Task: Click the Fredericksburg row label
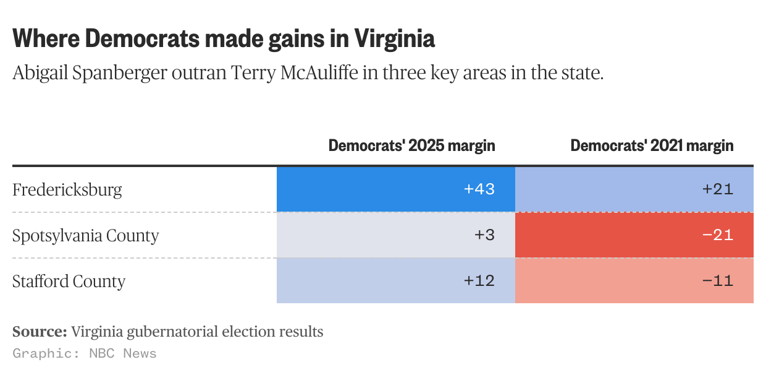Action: [67, 189]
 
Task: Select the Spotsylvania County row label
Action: [86, 236]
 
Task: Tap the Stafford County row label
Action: [69, 282]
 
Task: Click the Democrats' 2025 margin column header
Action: [411, 146]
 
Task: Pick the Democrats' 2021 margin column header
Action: [652, 146]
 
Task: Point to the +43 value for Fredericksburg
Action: [479, 189]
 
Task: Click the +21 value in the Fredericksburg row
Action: [718, 189]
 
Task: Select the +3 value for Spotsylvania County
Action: [486, 236]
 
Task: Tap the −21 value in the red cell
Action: [718, 236]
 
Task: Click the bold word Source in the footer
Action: [40, 332]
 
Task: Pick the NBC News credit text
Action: [123, 354]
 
